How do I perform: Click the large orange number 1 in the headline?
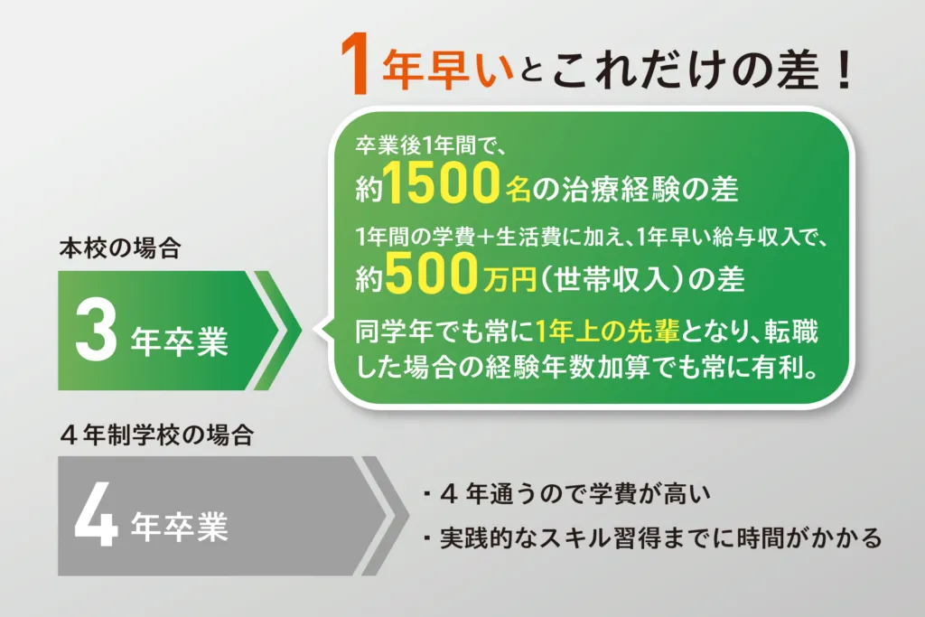click(355, 64)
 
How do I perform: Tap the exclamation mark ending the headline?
click(845, 69)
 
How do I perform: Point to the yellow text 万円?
click(509, 279)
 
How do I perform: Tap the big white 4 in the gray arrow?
click(97, 516)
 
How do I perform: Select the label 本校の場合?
click(120, 248)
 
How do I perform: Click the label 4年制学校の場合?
click(157, 435)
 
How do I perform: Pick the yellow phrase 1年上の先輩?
click(608, 332)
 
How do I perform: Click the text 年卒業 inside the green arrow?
click(180, 341)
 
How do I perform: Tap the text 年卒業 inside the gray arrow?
click(180, 526)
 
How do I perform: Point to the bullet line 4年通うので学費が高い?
click(566, 494)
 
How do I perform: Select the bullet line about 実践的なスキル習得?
click(652, 538)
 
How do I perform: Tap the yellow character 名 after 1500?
click(518, 189)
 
